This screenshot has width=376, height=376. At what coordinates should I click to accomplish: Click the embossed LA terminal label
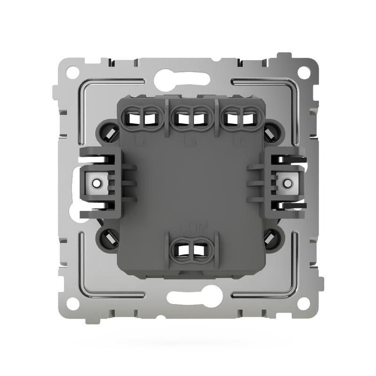140,141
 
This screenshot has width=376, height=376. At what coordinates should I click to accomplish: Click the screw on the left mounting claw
97,181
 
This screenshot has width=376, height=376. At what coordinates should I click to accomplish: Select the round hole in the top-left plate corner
72,73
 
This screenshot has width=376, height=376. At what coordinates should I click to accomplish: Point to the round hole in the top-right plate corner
305,72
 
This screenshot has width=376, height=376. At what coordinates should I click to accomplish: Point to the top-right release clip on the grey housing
271,133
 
